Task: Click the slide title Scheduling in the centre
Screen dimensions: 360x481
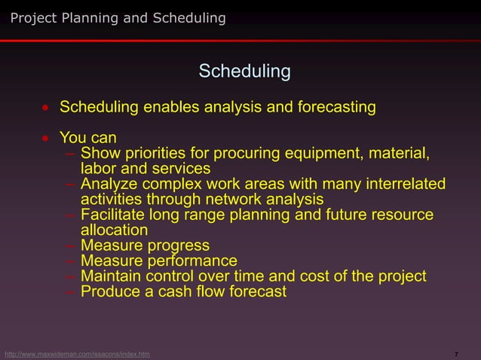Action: pyautogui.click(x=244, y=72)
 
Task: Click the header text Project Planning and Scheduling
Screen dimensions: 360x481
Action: pyautogui.click(x=118, y=18)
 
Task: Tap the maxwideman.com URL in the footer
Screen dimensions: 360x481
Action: pyautogui.click(x=76, y=354)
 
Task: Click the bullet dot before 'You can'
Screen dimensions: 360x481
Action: pyautogui.click(x=46, y=139)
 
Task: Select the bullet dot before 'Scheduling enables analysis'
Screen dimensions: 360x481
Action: pyautogui.click(x=46, y=108)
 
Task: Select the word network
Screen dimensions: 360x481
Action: pyautogui.click(x=234, y=199)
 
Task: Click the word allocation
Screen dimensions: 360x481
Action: pyautogui.click(x=115, y=230)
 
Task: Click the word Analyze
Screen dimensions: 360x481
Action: pyautogui.click(x=109, y=185)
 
